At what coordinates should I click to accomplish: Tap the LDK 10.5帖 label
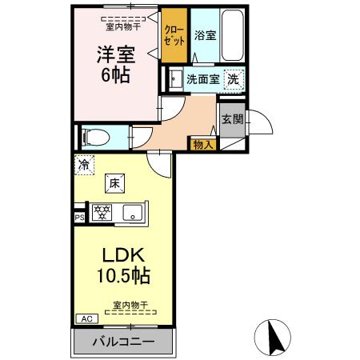[x=122, y=266]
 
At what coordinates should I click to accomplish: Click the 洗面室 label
[x=203, y=80]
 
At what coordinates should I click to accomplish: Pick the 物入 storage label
[x=202, y=145]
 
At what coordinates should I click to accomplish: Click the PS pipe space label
[x=79, y=216]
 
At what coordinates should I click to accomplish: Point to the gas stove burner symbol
[x=102, y=213]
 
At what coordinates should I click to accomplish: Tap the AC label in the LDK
[x=85, y=318]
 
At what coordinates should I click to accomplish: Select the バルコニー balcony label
[x=124, y=342]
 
